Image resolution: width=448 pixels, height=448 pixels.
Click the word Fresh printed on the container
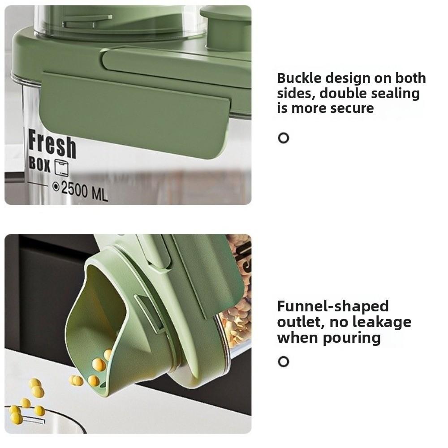tap(52, 145)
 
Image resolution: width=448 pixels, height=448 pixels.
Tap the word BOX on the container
tap(39, 164)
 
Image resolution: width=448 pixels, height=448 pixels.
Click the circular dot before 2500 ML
tap(56, 187)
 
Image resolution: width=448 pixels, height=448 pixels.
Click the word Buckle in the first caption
tap(299, 78)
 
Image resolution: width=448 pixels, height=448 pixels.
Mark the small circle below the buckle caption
tap(283, 138)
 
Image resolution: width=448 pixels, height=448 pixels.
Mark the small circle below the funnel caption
tap(283, 362)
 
